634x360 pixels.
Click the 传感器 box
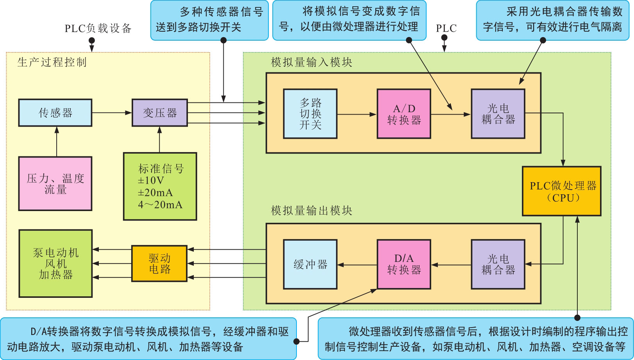(x=55, y=113)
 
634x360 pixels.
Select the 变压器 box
(x=159, y=113)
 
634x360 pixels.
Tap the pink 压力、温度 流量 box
(x=55, y=184)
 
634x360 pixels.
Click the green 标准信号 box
(x=160, y=186)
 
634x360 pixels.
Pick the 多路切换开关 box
(x=310, y=114)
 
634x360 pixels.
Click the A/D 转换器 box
(x=404, y=114)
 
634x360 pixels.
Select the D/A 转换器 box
(x=404, y=264)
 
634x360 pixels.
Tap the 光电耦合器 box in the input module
(x=498, y=114)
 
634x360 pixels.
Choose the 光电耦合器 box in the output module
(x=498, y=264)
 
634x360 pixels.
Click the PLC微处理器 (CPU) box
(x=561, y=191)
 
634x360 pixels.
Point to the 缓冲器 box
(x=310, y=264)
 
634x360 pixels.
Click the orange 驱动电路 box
(x=159, y=263)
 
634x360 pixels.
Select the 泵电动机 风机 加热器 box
(x=55, y=263)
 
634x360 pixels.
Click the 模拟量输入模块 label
(x=311, y=62)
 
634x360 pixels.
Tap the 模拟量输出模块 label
(x=311, y=211)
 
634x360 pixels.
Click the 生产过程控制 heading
(x=52, y=62)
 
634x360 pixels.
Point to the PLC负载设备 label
(x=98, y=28)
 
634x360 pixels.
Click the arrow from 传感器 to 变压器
(x=112, y=113)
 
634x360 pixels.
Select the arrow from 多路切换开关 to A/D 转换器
(x=357, y=115)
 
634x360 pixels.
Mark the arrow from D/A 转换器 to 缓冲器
(x=357, y=265)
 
